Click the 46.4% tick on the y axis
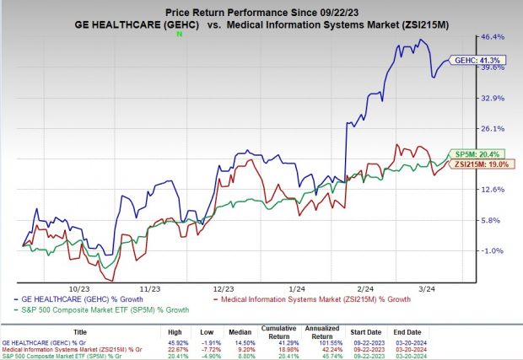[493, 37]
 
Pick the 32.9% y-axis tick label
[493, 98]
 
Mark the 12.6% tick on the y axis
[493, 190]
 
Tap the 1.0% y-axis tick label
[493, 250]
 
